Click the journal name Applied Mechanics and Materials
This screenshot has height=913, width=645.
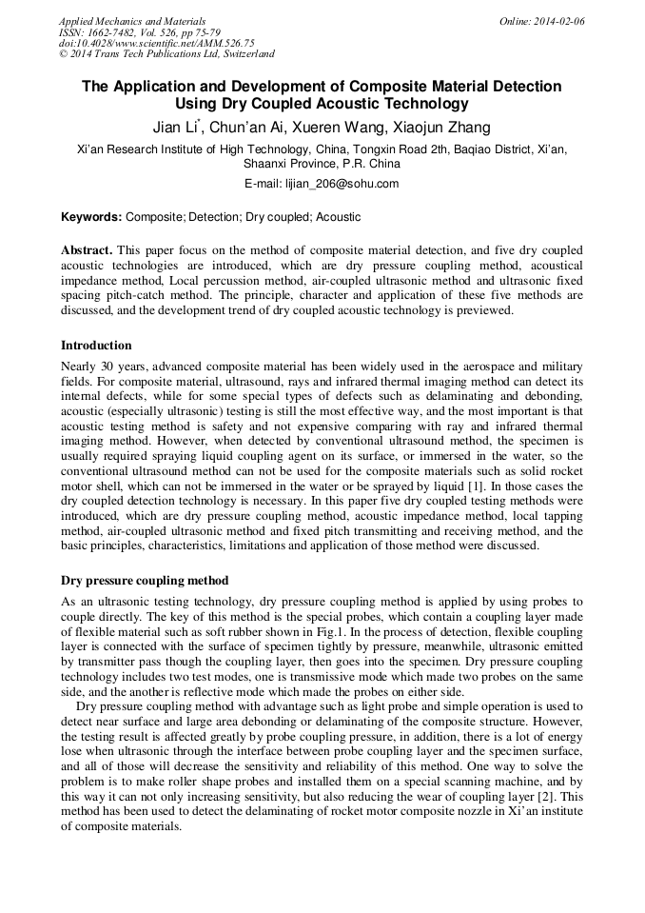coord(132,21)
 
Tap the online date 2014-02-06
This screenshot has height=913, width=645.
coord(556,21)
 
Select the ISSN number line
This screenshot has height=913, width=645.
coord(140,32)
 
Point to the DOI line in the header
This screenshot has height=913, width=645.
coord(157,43)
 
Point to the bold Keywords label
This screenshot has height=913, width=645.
coord(92,217)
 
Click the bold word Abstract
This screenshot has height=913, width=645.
coord(87,250)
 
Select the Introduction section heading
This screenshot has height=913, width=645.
coord(96,346)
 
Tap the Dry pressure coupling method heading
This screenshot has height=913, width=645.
coord(145,580)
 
